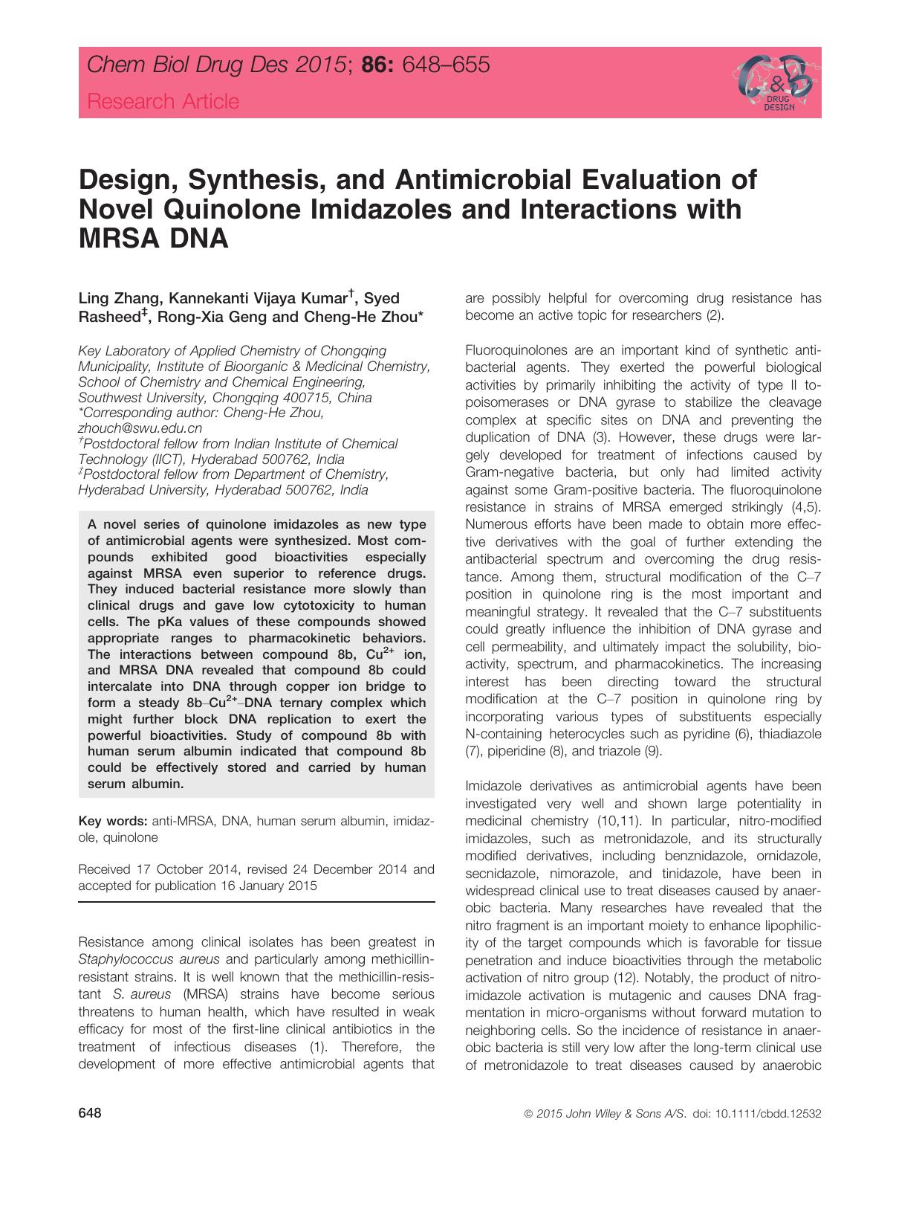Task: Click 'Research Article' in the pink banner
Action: point(163,102)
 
